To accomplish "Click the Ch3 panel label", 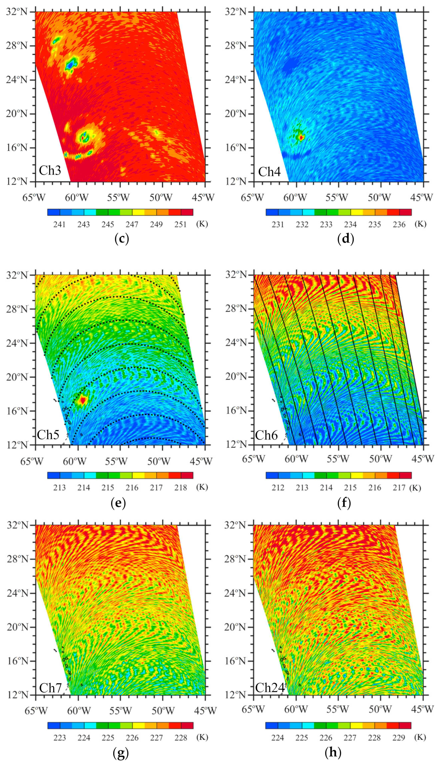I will pyautogui.click(x=50, y=170).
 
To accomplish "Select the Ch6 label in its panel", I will pyautogui.click(x=266, y=435).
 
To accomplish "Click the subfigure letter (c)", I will pyautogui.click(x=122, y=239).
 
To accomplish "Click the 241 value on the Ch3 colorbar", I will pyautogui.click(x=59, y=224).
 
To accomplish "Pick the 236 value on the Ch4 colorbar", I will pyautogui.click(x=399, y=224).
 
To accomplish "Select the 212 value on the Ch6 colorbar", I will pyautogui.click(x=278, y=488).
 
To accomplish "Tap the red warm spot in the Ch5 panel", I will pyautogui.click(x=82, y=400).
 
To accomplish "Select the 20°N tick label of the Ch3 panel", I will pyautogui.click(x=17, y=114).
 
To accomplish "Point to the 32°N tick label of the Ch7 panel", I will pyautogui.click(x=17, y=525).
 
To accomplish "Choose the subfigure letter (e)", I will pyautogui.click(x=118, y=503).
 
